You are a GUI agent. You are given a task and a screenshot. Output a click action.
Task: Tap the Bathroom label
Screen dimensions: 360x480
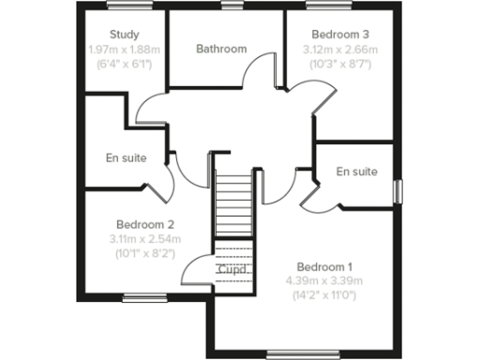pos(221,49)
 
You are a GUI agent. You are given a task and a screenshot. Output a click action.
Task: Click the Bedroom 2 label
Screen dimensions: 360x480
pos(145,225)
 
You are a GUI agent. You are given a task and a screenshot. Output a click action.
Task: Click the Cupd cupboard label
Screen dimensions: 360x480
pos(232,270)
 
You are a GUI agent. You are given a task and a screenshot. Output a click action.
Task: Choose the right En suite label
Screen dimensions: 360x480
pos(356,172)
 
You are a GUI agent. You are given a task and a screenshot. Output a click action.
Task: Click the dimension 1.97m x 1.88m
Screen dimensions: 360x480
pos(124,50)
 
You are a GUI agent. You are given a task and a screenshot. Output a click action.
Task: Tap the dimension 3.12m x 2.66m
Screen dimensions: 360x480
pos(339,50)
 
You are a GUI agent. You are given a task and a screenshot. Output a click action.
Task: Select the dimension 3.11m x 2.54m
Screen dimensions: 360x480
pos(146,239)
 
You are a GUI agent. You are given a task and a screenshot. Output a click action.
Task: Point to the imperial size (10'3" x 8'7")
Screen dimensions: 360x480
pos(339,65)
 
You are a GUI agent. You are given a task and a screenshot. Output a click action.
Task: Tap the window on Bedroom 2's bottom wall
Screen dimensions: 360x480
pos(143,299)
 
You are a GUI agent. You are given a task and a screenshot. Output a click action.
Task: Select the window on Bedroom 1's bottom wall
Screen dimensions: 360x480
pos(290,353)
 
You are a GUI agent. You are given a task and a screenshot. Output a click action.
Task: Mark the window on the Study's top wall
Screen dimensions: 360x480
pos(124,8)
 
